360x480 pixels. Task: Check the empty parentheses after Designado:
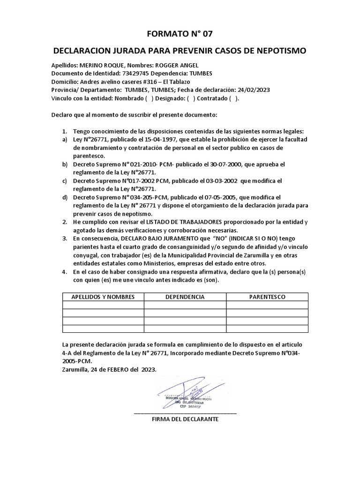click(x=191, y=98)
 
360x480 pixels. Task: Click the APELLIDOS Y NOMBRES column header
click(x=103, y=297)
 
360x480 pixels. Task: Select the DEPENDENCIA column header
click(x=185, y=297)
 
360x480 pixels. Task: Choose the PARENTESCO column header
click(x=267, y=297)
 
